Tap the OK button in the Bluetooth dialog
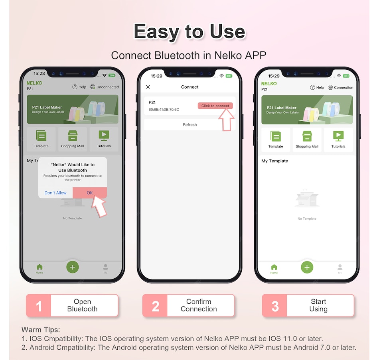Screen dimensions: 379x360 click(90, 193)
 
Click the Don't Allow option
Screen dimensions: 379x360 click(55, 193)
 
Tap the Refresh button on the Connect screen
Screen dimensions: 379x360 click(190, 125)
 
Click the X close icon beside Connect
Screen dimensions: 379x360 click(148, 87)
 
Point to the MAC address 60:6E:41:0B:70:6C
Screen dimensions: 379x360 click(164, 110)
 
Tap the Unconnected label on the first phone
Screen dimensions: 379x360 click(108, 87)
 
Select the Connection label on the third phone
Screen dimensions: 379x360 click(343, 87)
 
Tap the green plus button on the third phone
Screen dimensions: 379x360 click(307, 268)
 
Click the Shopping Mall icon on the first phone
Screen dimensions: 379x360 click(73, 136)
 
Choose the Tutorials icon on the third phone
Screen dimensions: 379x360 click(338, 136)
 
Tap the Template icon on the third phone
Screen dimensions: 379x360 click(276, 136)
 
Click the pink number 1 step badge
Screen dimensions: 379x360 click(39, 306)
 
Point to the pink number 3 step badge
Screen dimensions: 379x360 click(275, 306)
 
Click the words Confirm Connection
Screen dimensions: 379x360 click(199, 305)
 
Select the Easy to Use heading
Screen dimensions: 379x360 click(190, 31)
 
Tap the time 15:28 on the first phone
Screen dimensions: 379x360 click(39, 73)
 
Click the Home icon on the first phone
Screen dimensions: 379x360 click(39, 267)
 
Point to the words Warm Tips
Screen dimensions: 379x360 click(41, 330)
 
